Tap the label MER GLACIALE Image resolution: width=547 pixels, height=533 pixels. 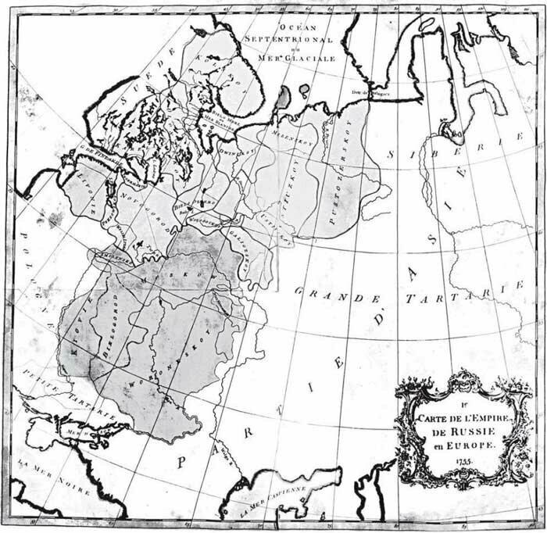tap(301, 58)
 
